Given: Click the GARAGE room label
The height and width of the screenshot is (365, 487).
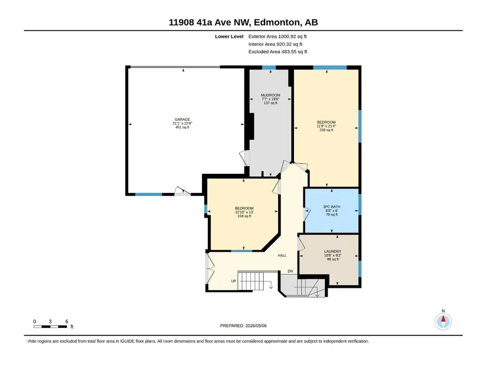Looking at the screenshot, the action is point(182,120).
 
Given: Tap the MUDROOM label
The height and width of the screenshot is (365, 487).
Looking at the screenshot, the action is point(270,96).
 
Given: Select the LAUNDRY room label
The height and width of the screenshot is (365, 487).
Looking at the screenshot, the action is point(333,251).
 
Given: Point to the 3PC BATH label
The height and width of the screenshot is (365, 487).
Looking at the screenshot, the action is point(332,207).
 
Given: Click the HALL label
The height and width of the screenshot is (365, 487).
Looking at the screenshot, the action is point(282,255).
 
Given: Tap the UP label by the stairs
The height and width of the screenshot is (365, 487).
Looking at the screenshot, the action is point(234,281).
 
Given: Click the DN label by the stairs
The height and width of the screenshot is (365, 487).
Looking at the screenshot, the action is point(290,271).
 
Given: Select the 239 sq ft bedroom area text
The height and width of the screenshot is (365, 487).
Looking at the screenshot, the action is point(326,130).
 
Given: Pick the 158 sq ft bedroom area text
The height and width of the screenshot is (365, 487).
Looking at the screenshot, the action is point(244,216).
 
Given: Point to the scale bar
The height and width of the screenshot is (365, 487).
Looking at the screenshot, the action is point(50,327).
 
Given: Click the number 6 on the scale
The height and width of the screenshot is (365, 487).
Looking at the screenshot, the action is point(67,321).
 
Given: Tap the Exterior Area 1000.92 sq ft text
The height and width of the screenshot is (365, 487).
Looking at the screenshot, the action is point(277,37).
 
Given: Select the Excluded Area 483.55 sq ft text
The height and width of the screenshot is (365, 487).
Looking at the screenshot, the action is point(277,51).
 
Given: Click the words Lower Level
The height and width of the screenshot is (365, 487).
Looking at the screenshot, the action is point(229,37).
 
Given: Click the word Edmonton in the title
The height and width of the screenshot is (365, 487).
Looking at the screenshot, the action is point(277,22).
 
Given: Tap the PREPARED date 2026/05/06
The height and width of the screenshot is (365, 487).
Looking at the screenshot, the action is point(243,325).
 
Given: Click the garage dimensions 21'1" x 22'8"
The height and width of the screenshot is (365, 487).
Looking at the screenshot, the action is point(182,123).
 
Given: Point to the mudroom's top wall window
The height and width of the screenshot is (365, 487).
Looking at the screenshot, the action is point(269,67).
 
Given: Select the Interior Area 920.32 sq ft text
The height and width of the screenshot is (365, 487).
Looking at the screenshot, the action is point(275,44).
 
